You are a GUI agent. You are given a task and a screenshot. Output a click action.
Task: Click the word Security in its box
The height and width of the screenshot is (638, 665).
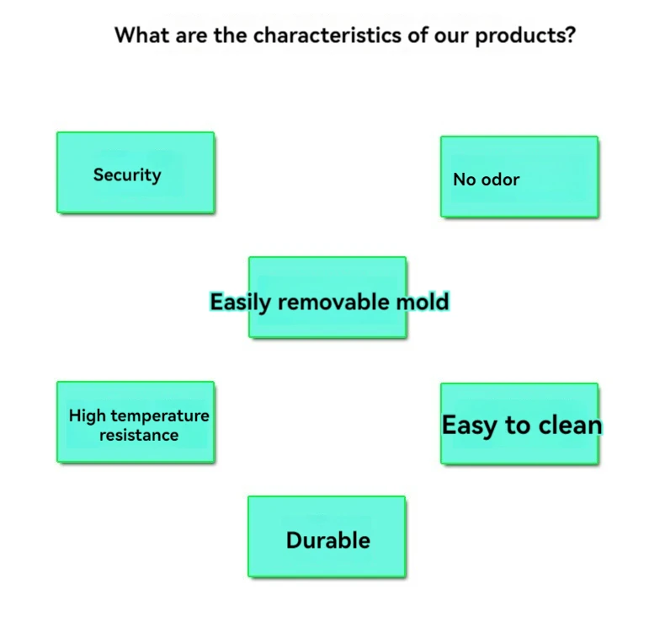click(127, 175)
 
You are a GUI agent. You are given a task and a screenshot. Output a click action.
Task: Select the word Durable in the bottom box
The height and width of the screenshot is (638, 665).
click(327, 540)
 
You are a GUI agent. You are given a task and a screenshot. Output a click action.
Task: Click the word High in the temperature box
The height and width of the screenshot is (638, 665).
click(88, 416)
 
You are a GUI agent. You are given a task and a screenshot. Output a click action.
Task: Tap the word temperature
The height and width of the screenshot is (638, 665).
click(159, 416)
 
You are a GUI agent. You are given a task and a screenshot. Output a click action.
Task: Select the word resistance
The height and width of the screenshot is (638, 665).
click(139, 436)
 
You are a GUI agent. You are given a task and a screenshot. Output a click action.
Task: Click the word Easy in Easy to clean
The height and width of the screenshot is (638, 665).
click(470, 425)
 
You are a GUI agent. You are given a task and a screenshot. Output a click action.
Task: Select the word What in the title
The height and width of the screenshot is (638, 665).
click(139, 36)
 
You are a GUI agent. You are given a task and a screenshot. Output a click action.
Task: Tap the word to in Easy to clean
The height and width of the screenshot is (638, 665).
click(517, 425)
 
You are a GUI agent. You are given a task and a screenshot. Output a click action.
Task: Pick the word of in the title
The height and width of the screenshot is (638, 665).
click(425, 36)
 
